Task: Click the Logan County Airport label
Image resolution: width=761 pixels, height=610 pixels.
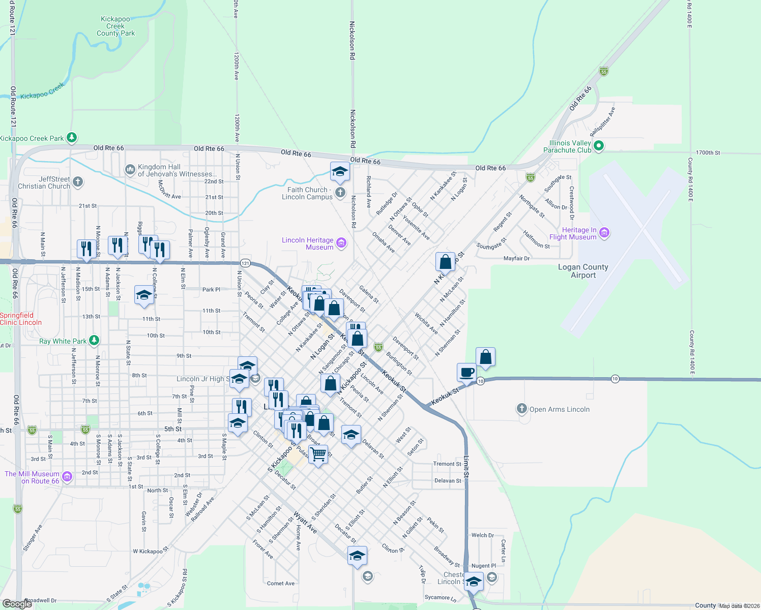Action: (583, 271)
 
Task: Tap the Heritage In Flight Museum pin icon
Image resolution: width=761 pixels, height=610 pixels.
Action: (604, 233)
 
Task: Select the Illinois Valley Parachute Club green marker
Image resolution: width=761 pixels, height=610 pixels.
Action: (599, 146)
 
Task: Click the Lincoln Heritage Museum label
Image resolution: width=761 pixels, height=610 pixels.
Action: (308, 243)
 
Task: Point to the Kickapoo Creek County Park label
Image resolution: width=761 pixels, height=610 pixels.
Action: (116, 26)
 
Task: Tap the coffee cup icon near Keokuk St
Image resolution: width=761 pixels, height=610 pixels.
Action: (466, 373)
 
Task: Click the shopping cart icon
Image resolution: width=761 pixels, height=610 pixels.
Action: (318, 454)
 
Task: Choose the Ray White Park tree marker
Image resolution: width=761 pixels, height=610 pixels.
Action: (94, 340)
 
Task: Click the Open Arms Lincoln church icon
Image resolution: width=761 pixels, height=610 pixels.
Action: (521, 409)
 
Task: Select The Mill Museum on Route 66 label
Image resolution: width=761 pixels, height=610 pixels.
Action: (32, 477)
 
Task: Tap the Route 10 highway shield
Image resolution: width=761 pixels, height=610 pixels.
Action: (615, 379)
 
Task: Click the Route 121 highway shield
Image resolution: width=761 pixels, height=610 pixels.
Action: (245, 263)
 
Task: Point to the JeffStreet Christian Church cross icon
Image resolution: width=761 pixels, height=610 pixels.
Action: (78, 181)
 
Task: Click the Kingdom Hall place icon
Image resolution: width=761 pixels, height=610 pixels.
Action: (130, 169)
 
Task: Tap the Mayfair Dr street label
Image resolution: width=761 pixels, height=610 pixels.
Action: (516, 259)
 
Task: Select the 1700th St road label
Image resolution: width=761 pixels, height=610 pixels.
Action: (708, 152)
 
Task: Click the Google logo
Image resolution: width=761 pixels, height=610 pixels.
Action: (17, 604)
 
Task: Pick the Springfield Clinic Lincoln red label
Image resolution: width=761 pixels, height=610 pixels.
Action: (21, 319)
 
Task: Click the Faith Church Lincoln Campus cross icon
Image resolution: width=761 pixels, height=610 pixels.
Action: (340, 193)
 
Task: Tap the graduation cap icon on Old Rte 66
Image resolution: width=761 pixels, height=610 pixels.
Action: (339, 171)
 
